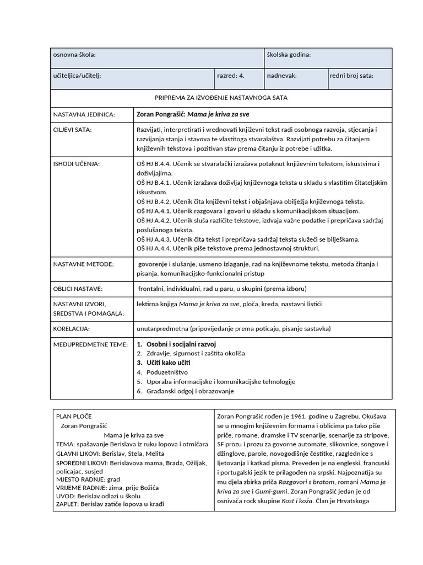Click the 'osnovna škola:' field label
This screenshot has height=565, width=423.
(x=74, y=55)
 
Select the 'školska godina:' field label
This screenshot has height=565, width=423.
(x=289, y=55)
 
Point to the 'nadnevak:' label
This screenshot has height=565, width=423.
(x=282, y=76)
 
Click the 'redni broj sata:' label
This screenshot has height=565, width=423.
(x=351, y=76)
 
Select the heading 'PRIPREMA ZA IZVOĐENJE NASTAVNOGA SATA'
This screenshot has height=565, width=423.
(x=221, y=98)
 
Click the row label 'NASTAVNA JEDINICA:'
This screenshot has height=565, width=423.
(x=84, y=115)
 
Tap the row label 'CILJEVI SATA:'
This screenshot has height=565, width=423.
(x=72, y=130)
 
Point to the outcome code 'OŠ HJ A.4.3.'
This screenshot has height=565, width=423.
(x=155, y=239)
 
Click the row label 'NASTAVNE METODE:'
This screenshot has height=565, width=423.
(x=83, y=264)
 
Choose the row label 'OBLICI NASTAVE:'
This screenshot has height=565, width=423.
(x=78, y=289)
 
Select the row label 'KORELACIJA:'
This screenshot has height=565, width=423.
(x=71, y=328)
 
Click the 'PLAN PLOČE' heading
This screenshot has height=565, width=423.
(x=74, y=416)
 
